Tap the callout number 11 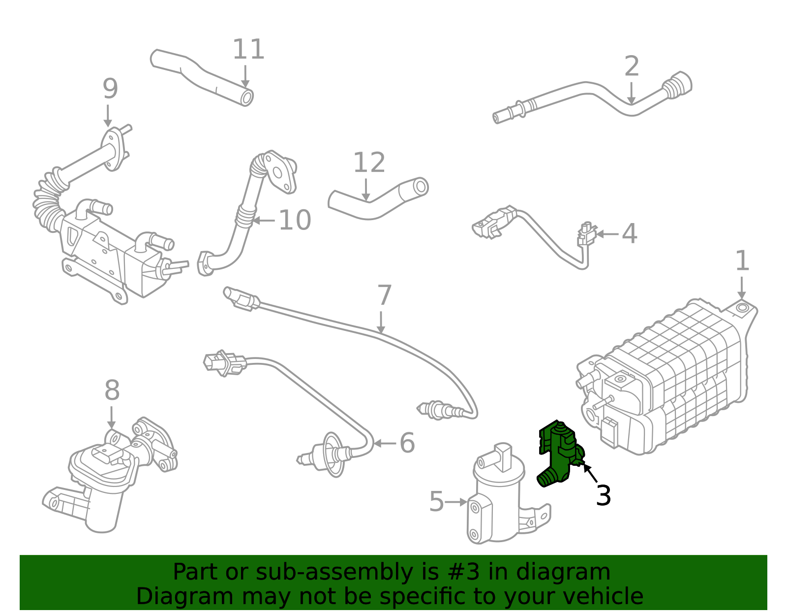(248, 49)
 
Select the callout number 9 (110, 89)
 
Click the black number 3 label (604, 495)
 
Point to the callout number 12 (369, 162)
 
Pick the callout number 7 (384, 295)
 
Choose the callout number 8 (112, 390)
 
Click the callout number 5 (437, 502)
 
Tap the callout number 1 (742, 260)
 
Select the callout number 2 (632, 66)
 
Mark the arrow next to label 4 (607, 234)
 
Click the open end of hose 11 (246, 98)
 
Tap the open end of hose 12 (421, 187)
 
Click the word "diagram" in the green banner (563, 573)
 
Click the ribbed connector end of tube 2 (677, 85)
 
